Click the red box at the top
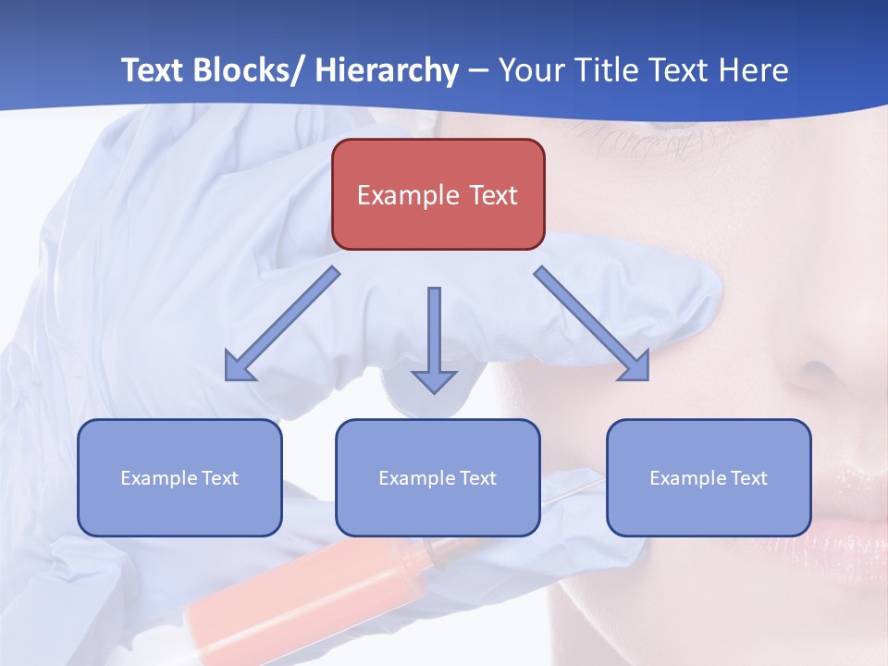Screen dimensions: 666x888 pyautogui.click(x=438, y=194)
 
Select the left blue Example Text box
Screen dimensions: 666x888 pyautogui.click(x=179, y=477)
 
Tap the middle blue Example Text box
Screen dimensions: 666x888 pyautogui.click(x=438, y=477)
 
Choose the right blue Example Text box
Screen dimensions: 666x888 pyautogui.click(x=709, y=477)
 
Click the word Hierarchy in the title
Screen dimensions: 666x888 pyautogui.click(x=387, y=70)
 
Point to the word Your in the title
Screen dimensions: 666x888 pyautogui.click(x=528, y=70)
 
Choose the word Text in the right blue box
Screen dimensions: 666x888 pyautogui.click(x=748, y=478)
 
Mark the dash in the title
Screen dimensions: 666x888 pyautogui.click(x=477, y=71)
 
